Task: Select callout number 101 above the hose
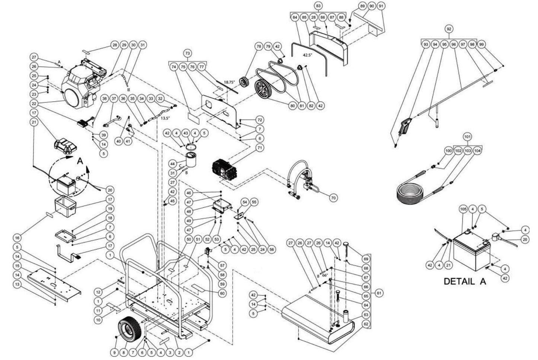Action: pos(468,136)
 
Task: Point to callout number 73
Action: pos(187,53)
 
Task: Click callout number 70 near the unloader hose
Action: pos(333,198)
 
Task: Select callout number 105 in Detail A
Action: pos(463,209)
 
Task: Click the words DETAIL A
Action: pos(465,281)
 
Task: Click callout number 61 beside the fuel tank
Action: pos(379,293)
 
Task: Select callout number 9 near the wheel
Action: pos(115,351)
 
